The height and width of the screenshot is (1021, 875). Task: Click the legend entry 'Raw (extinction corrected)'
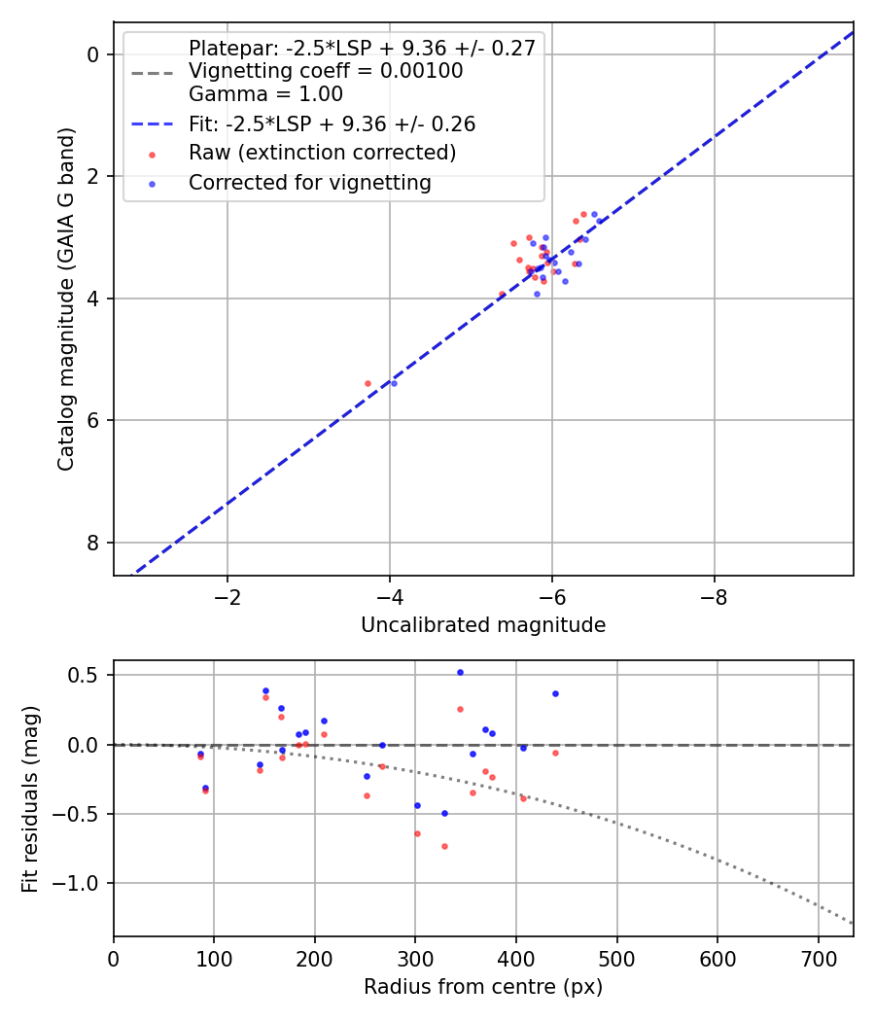pos(322,153)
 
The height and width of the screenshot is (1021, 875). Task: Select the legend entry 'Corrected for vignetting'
pos(310,182)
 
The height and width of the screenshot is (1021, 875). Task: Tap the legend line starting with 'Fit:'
pos(332,124)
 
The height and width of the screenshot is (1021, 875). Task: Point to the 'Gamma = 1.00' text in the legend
pos(265,94)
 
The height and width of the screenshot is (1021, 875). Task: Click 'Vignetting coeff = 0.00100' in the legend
pos(326,71)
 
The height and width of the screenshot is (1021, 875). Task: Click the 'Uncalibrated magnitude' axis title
pos(483,625)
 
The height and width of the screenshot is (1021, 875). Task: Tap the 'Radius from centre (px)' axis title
pos(483,987)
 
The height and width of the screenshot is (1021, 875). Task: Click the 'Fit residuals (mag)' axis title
pos(31,798)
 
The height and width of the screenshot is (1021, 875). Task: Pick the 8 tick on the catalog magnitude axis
pos(93,543)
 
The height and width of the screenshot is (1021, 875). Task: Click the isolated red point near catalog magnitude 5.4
pos(367,383)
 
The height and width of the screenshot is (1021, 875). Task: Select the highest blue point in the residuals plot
pos(460,672)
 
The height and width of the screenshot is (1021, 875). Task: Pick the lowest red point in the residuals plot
pos(444,846)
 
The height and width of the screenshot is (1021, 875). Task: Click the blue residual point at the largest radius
pos(555,693)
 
